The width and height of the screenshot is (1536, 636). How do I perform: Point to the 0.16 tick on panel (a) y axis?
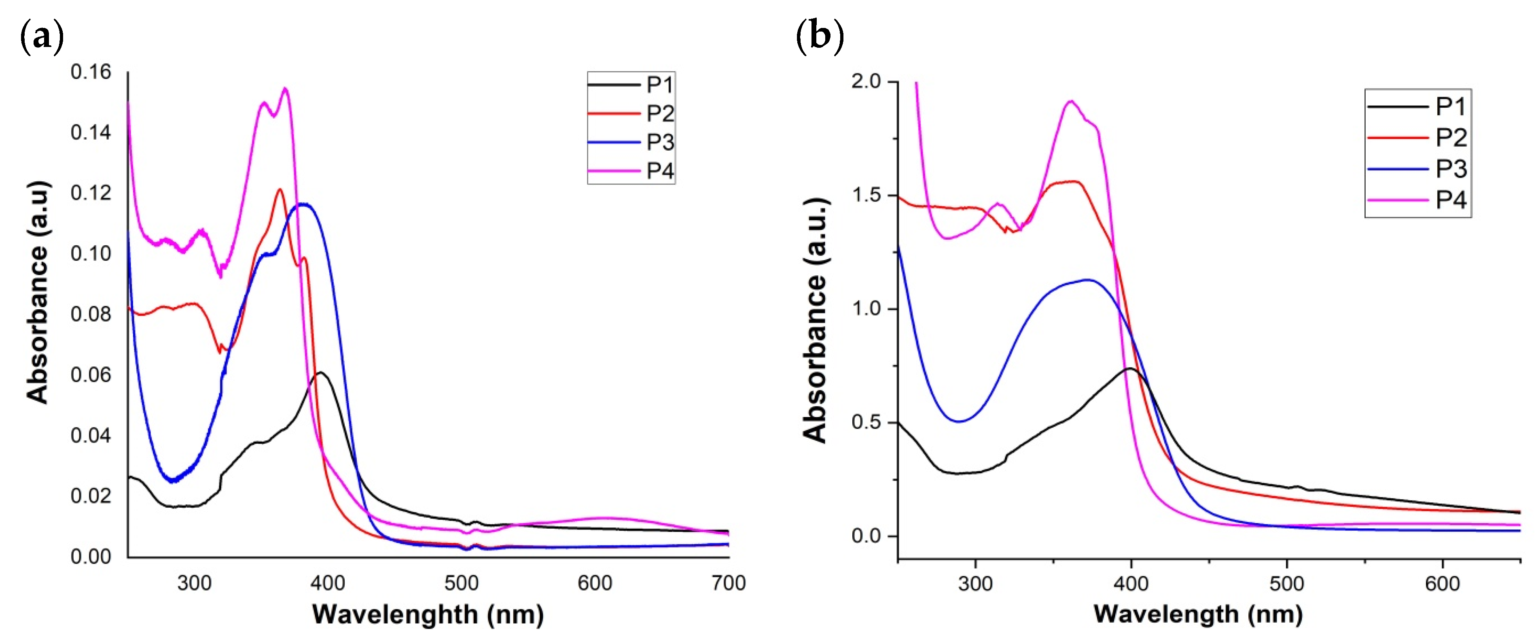pyautogui.click(x=91, y=72)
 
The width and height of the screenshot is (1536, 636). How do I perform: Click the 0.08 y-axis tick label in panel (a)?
pyautogui.click(x=91, y=315)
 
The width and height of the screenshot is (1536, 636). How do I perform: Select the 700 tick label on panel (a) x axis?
pyautogui.click(x=728, y=583)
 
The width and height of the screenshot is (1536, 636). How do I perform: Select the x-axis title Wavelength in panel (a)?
pyautogui.click(x=428, y=615)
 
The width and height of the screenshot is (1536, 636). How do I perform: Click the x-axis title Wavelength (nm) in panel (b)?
pyautogui.click(x=1198, y=614)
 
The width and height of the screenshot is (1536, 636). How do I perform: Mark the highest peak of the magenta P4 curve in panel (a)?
pyautogui.click(x=286, y=89)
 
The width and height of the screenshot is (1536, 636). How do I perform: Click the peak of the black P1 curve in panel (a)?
pyautogui.click(x=321, y=373)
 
